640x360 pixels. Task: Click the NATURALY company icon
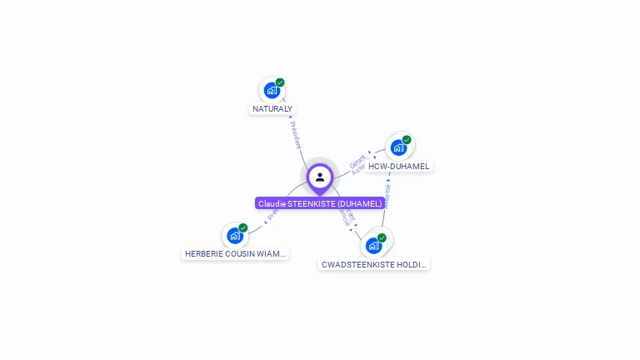272,90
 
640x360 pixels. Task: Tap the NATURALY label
272,109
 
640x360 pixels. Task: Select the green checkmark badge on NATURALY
280,82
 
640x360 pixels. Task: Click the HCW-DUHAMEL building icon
399,147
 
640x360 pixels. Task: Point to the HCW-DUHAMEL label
399,167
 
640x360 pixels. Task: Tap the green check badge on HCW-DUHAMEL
407,140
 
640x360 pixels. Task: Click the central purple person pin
319,177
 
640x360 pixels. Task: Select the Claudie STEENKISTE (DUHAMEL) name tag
320,203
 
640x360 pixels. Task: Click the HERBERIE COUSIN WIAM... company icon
235,235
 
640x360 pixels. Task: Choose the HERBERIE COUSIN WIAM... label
235,253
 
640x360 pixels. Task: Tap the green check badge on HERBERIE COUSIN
243,227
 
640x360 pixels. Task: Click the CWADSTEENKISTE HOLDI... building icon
374,245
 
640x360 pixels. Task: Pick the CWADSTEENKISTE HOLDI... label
374,264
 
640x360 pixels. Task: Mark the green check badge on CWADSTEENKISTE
382,237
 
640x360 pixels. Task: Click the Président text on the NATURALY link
296,135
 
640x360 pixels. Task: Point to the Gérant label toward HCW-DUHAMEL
357,158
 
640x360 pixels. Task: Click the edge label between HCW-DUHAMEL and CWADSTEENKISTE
387,197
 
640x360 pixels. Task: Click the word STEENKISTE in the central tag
313,203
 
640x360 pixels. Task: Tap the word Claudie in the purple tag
271,203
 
